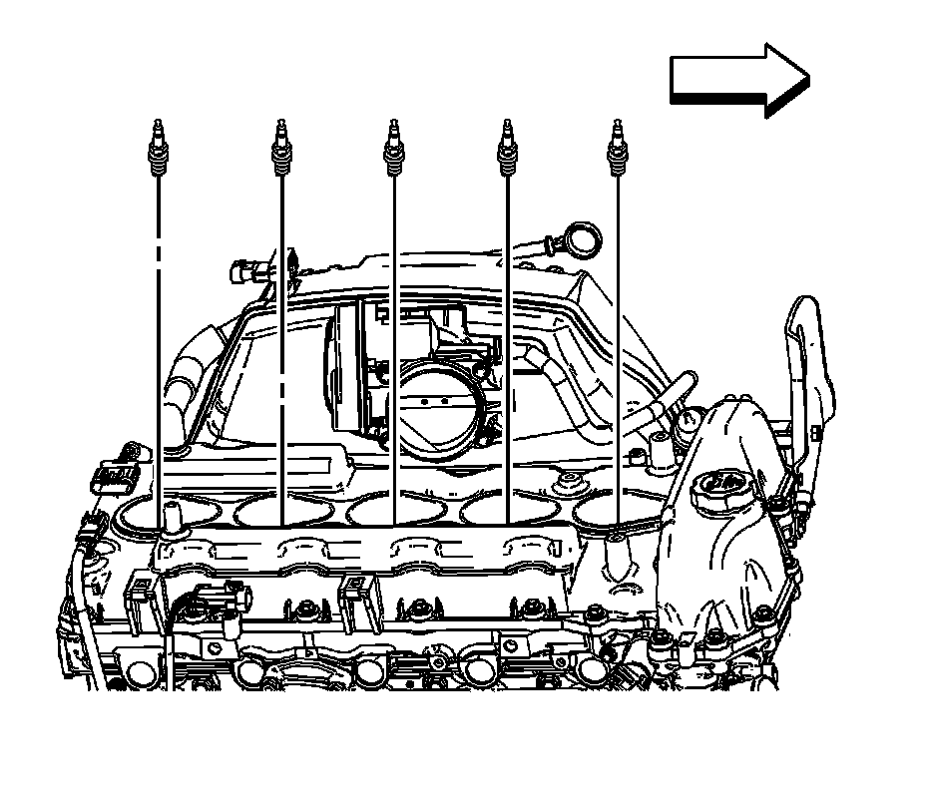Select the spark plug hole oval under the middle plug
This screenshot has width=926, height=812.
tap(379, 510)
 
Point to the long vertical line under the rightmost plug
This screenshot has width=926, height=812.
tap(619, 349)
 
